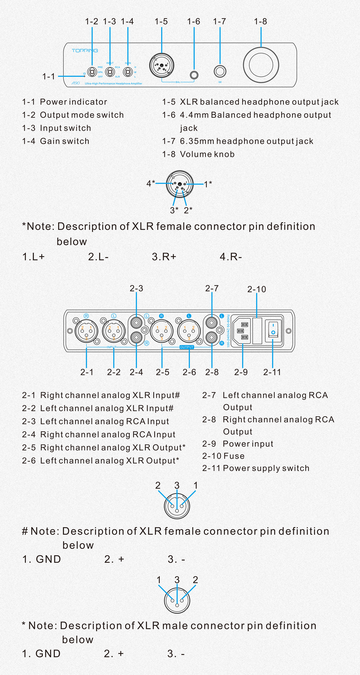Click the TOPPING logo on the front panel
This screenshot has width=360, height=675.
point(85,50)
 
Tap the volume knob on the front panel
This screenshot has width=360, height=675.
point(261,65)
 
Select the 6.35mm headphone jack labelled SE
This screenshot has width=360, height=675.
point(220,71)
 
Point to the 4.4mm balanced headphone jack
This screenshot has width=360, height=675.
point(194,75)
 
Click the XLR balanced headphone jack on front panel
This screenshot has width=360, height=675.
point(161,66)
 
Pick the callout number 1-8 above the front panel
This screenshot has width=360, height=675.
point(260,22)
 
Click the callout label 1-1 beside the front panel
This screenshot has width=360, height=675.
point(49,76)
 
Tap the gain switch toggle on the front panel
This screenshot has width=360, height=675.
point(128,72)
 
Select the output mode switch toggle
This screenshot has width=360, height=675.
point(92,72)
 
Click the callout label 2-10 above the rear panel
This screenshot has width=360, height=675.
point(256,289)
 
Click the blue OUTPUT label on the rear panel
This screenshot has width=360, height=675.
point(187,347)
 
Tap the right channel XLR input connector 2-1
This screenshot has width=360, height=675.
point(86,331)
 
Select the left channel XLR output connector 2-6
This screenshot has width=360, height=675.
point(189,331)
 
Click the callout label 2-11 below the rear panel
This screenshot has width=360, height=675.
point(272,372)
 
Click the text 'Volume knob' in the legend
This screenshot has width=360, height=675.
point(207,154)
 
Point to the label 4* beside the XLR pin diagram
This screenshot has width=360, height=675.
point(151,183)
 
